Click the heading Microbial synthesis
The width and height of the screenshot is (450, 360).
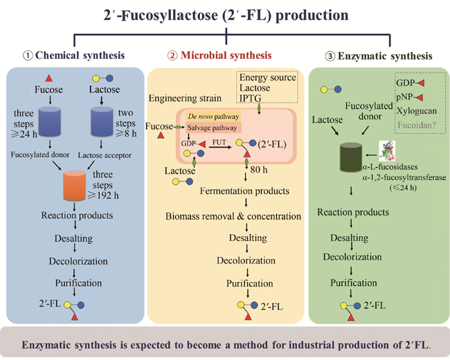[228, 55]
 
